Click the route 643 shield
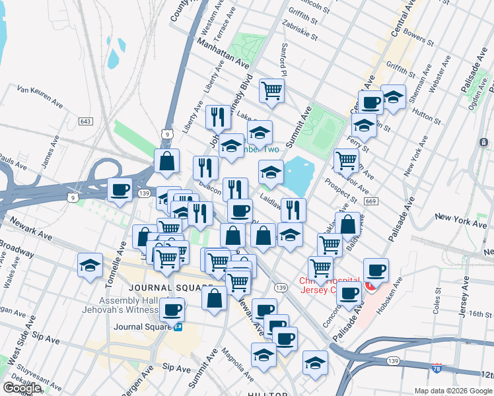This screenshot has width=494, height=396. pos(85,121)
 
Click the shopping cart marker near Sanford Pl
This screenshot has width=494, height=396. pos(271,90)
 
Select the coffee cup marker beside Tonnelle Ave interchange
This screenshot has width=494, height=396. pos(120,190)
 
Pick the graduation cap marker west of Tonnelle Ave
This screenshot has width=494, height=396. pos(90,265)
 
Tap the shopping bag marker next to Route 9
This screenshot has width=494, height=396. pos(167,160)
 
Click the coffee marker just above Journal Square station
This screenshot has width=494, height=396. pos(173,309)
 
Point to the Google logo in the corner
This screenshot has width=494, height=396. pos(21,388)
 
